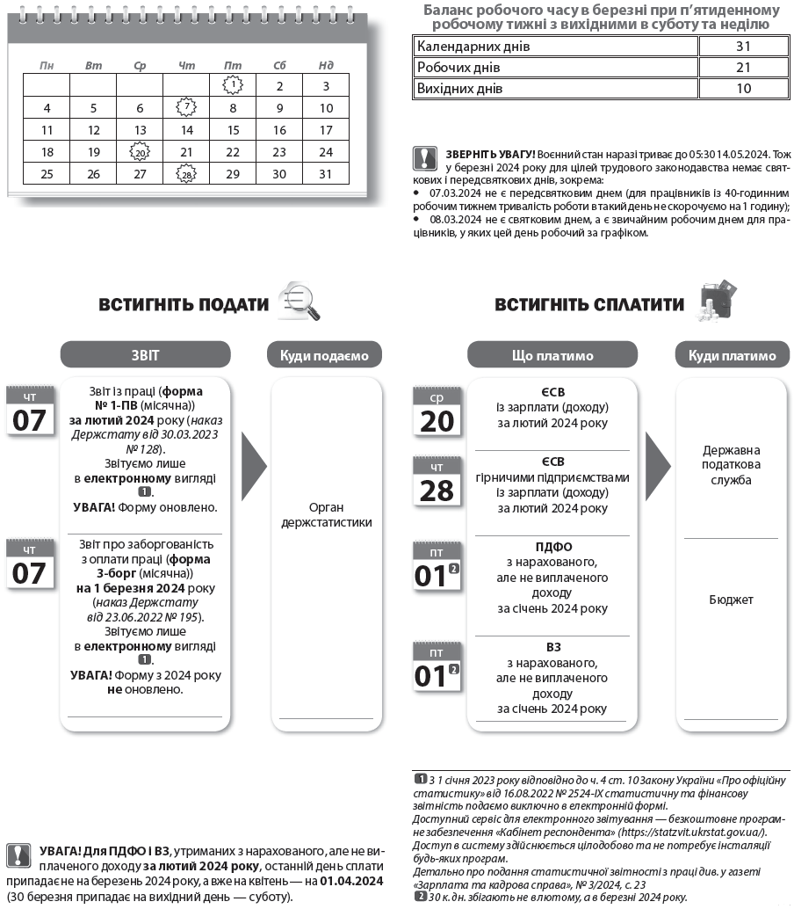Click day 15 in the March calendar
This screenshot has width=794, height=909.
(x=233, y=130)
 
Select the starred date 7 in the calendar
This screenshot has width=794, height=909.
(x=186, y=107)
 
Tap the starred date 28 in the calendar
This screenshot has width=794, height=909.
(x=186, y=175)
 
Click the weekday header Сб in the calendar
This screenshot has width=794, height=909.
(x=279, y=65)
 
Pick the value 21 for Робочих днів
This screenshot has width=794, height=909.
(x=743, y=68)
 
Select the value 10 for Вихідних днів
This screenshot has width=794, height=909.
(x=743, y=89)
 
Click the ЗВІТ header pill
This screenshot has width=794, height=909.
(x=145, y=355)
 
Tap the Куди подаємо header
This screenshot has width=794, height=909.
(x=325, y=355)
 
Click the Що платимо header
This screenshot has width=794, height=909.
(x=552, y=355)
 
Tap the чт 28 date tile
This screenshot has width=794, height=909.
(x=437, y=482)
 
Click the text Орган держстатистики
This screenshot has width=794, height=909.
(x=326, y=515)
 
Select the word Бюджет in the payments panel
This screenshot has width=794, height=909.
(x=731, y=600)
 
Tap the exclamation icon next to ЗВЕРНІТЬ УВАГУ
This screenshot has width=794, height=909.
(x=424, y=156)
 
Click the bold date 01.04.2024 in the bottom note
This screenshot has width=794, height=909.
(x=352, y=881)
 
